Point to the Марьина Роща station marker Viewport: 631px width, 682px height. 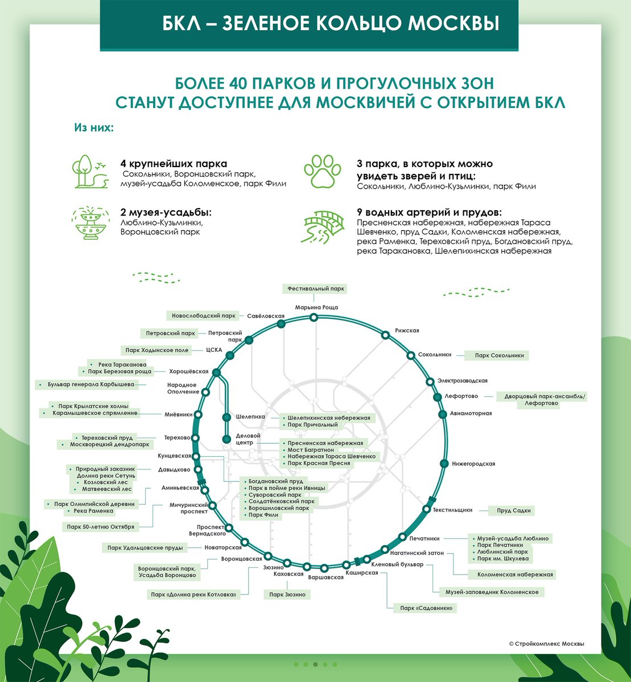click(314, 319)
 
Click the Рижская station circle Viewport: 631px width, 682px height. click(385, 335)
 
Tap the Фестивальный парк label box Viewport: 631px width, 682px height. click(316, 289)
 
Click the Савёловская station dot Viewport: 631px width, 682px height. click(281, 324)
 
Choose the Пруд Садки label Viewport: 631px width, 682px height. click(513, 510)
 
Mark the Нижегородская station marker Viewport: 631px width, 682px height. click(444, 464)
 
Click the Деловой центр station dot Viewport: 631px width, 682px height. click(226, 438)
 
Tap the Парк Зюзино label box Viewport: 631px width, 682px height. click(287, 594)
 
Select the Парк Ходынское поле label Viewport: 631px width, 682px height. click(156, 350)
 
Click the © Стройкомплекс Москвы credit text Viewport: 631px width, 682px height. click(546, 643)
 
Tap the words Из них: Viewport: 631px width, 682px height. click(93, 127)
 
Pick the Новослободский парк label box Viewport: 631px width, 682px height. click(203, 315)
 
